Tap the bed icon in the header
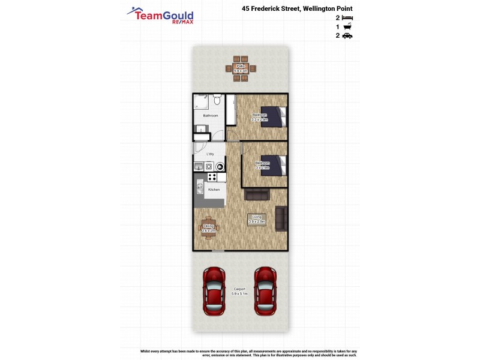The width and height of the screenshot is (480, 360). coord(347,18)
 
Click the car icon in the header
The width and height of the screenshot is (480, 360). coord(347,36)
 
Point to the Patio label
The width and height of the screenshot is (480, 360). coord(240,67)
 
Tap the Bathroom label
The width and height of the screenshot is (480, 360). coord(210,115)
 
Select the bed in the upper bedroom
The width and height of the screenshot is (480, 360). coord(273,116)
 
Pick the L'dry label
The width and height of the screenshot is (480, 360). coord(210,154)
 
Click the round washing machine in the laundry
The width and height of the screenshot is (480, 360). coord(220,167)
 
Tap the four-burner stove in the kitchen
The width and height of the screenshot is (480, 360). coord(212,177)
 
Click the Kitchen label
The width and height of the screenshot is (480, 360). coord(214,190)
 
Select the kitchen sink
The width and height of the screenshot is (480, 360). coord(200,188)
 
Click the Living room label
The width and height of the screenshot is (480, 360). coord(257,219)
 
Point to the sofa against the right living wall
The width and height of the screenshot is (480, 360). coord(280,218)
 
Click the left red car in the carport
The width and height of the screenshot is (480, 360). coord(214,292)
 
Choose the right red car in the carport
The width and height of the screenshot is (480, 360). coord(265,292)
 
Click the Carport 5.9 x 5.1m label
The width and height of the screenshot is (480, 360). coord(239,292)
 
